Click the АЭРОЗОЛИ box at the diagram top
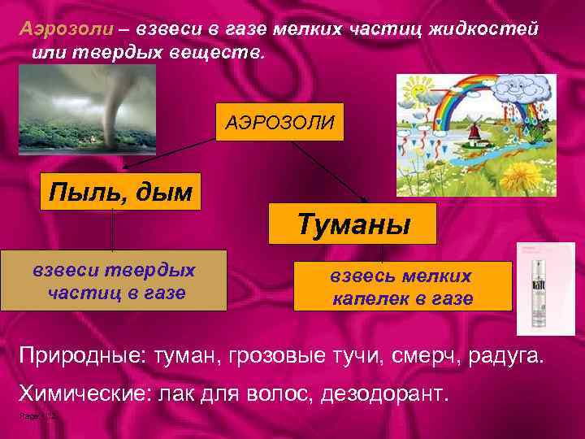click(x=279, y=122)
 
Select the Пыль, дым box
click(x=120, y=192)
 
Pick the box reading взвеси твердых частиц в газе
click(x=114, y=281)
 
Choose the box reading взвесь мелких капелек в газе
click(x=402, y=287)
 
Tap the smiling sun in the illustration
click(x=419, y=89)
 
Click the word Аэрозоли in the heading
click(x=66, y=28)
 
